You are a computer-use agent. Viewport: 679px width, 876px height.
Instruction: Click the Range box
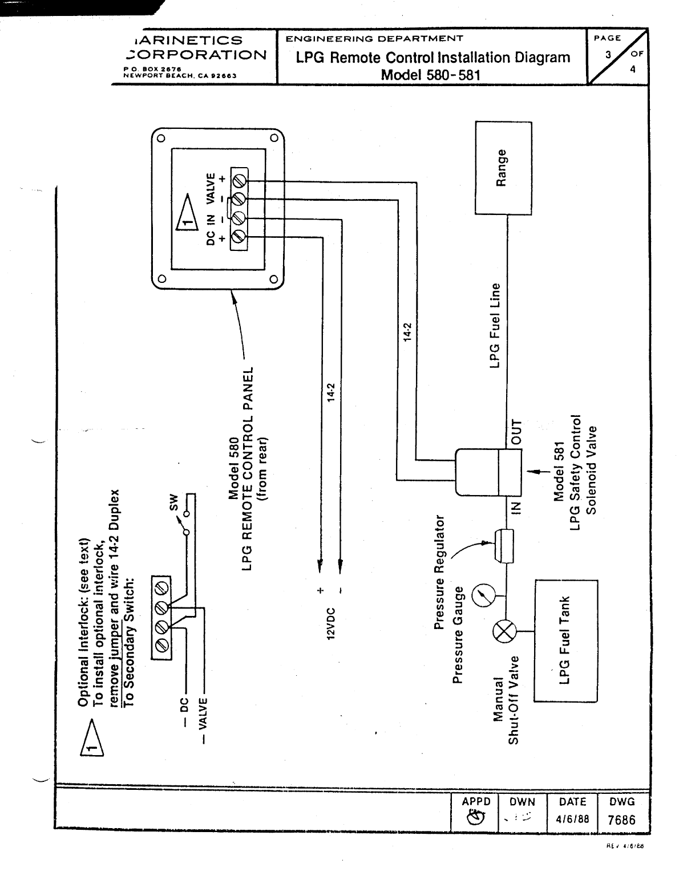click(503, 168)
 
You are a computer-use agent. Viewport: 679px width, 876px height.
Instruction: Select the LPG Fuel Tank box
click(565, 640)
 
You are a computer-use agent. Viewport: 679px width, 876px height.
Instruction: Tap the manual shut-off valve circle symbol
click(504, 632)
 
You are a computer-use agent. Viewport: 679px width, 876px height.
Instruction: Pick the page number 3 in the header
click(608, 55)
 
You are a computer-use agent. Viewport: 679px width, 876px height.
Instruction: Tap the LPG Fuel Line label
click(495, 326)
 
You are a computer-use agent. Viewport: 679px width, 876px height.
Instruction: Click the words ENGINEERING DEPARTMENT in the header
click(374, 39)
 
